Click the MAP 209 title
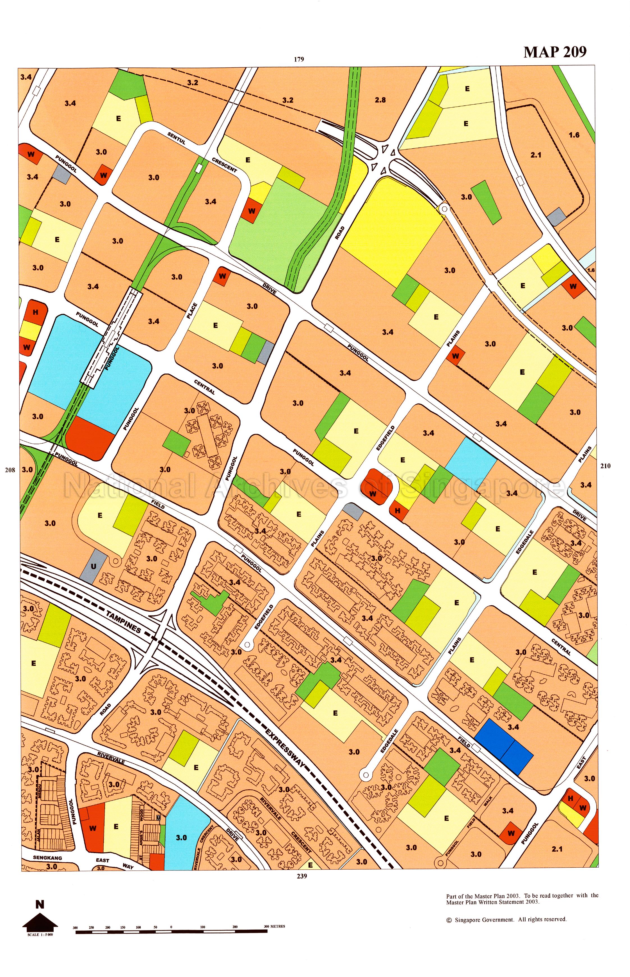click(555, 52)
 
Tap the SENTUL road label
click(176, 139)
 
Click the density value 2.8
click(380, 100)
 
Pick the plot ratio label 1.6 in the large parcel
click(574, 135)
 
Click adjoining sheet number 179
click(299, 59)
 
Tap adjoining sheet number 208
click(10, 470)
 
